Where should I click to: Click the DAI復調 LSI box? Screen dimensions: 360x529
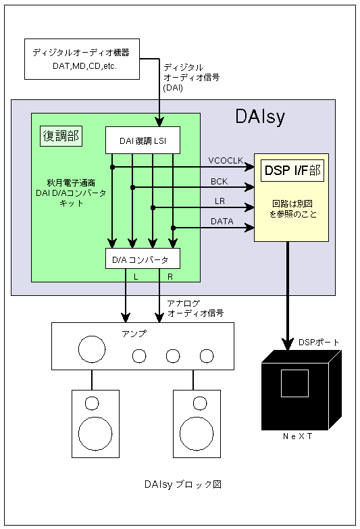pos(143,141)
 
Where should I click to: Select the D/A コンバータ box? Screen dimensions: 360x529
pos(143,259)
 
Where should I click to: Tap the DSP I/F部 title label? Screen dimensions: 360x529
pos(292,170)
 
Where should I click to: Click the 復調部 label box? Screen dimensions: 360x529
pos(61,136)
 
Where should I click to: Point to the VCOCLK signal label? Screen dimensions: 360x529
pos(226,161)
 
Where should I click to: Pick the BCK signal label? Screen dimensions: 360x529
pos(220,182)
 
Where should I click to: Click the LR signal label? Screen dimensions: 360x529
pos(220,201)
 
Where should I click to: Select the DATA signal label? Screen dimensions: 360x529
pos(222,222)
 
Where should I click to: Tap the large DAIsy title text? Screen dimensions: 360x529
pos(260,117)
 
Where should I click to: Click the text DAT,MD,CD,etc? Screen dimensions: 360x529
pos(84,66)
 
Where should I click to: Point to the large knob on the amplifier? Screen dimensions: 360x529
pos(92,349)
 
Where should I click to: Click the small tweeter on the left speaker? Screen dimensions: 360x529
pos(92,403)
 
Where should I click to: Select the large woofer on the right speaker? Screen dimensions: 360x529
pos(197,434)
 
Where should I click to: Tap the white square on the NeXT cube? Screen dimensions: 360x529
pos(294,383)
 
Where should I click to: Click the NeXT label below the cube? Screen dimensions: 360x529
pos(298,436)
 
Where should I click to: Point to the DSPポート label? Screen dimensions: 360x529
pos(319,343)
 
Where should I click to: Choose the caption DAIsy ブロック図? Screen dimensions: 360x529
pos(183,484)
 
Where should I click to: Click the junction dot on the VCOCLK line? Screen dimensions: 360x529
pos(112,167)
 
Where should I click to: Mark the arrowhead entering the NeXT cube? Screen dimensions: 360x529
pos(288,344)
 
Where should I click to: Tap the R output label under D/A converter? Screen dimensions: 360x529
pos(170,277)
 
